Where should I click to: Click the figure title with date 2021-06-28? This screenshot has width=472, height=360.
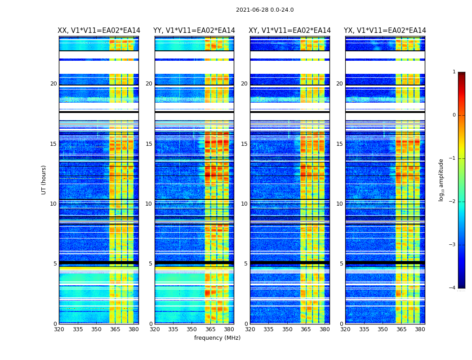tap(265, 10)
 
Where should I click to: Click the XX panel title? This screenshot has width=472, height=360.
tap(99, 31)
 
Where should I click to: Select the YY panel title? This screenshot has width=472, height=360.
tap(194, 31)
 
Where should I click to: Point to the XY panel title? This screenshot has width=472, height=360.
tap(289, 31)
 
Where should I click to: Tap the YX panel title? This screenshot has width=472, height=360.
tap(385, 31)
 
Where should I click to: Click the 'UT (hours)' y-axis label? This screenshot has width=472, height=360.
tap(44, 180)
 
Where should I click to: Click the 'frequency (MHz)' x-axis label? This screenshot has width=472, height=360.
tap(217, 338)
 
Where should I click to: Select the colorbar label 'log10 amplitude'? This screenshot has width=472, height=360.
tap(441, 180)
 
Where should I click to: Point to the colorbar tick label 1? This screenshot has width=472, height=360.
tap(454, 72)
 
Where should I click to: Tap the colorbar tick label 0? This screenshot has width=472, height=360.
tap(454, 115)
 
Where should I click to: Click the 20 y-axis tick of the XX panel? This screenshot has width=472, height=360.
tap(53, 84)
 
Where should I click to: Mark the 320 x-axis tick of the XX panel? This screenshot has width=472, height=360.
tap(59, 329)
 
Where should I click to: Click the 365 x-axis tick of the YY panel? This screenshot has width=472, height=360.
tap(210, 329)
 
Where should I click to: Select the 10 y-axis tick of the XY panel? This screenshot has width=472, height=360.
tap(244, 204)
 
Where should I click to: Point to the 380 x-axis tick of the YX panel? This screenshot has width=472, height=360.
tap(420, 329)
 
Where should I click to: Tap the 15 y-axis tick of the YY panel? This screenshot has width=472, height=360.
tap(149, 144)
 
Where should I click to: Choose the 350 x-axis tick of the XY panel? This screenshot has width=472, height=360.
tap(287, 329)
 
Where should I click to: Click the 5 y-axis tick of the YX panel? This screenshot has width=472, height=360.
tap(341, 264)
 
